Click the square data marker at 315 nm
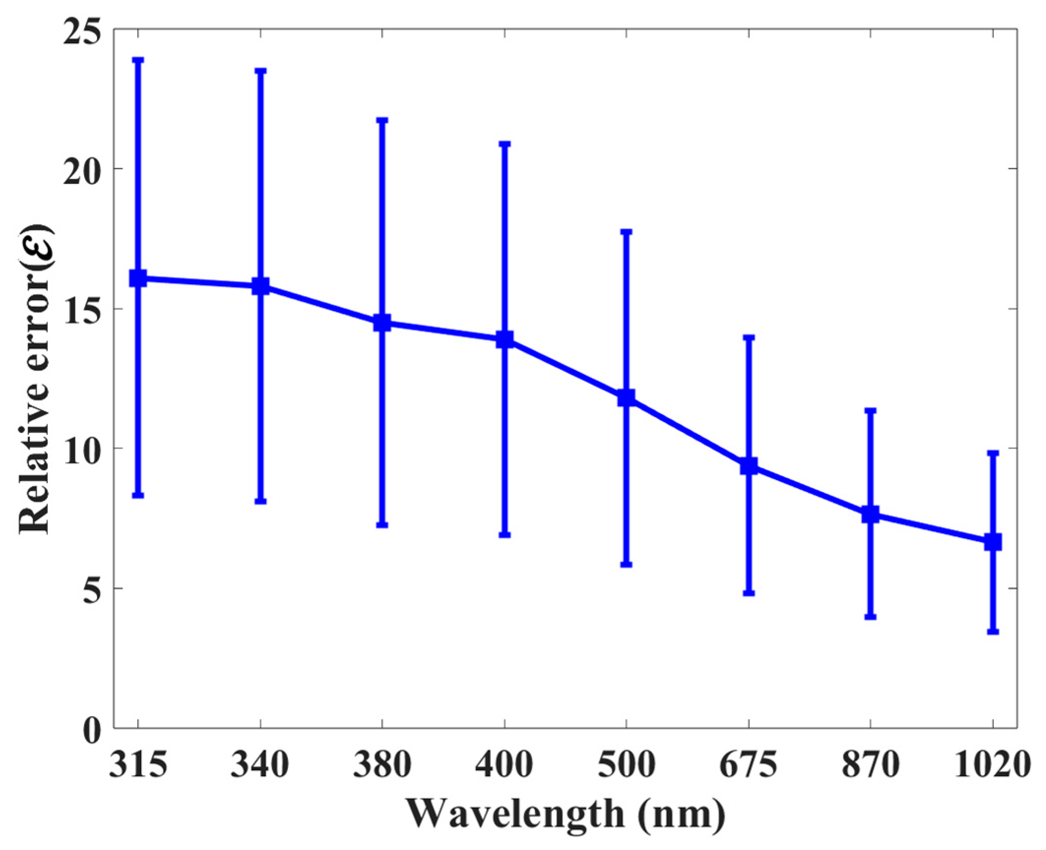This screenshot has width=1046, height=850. (x=138, y=278)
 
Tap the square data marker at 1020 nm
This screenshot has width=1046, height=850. (x=993, y=542)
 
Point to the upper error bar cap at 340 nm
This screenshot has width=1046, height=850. (x=260, y=71)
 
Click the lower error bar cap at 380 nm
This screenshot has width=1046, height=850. (x=382, y=525)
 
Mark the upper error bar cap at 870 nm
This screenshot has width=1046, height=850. (x=871, y=410)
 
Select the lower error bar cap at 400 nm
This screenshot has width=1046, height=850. (x=505, y=535)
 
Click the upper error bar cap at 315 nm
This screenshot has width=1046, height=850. (x=138, y=60)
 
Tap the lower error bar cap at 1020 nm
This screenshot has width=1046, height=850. (x=993, y=632)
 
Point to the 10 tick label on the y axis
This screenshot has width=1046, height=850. (x=81, y=449)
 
